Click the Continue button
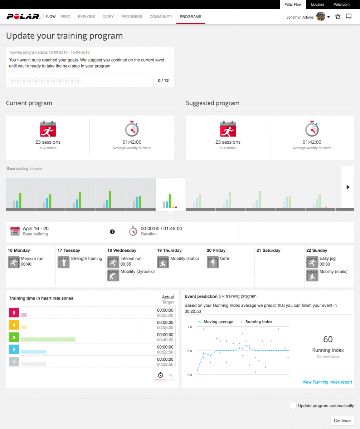click(342, 420)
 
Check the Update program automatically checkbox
click(293, 406)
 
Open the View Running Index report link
click(327, 382)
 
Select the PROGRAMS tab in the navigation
click(190, 17)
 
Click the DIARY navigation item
click(108, 17)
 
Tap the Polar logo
click(23, 17)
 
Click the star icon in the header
click(338, 17)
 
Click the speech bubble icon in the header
click(349, 17)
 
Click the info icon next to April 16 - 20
click(112, 232)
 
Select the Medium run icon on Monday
click(13, 262)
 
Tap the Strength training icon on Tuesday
click(63, 262)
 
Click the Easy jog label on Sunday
click(327, 258)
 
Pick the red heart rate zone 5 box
click(13, 313)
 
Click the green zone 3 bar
click(48, 339)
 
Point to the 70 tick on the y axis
click(189, 327)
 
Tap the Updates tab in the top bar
click(317, 5)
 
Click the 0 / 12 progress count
click(163, 80)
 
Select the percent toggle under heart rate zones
click(171, 375)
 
